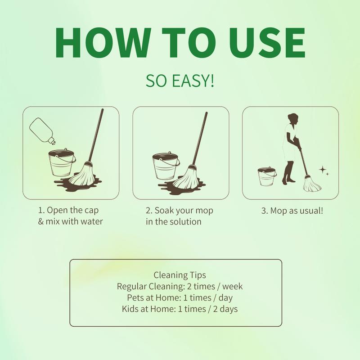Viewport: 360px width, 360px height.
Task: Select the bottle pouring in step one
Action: tap(42, 131)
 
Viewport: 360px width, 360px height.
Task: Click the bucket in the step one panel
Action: tap(62, 162)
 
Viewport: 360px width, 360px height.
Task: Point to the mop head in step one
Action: tap(82, 175)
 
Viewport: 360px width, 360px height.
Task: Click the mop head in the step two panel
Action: tap(186, 177)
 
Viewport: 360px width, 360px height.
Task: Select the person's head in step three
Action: tap(293, 119)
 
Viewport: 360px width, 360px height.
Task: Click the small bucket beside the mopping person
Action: tap(267, 176)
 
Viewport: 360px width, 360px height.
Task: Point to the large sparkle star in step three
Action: tap(323, 170)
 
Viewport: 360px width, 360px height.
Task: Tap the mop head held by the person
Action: tap(311, 184)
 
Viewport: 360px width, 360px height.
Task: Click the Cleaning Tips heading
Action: tap(180, 275)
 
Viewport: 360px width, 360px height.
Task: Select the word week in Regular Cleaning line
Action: tap(232, 286)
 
